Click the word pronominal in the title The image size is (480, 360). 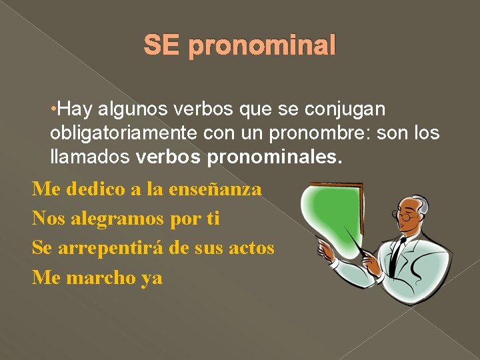262,47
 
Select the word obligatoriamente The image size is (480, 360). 123,133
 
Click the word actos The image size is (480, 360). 251,248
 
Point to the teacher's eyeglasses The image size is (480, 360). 406,216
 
